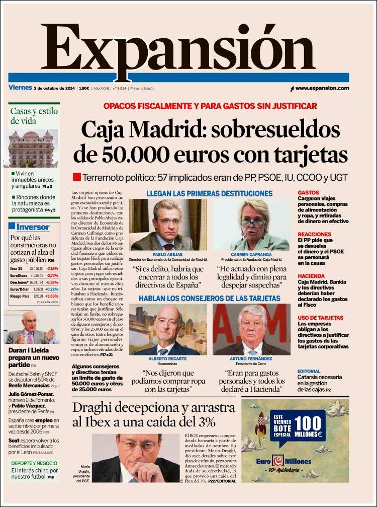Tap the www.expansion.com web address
tap(322, 88)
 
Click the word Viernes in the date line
tap(20, 88)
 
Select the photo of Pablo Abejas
tap(167, 225)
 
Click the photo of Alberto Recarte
tap(167, 329)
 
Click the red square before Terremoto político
tap(77, 177)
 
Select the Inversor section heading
tap(33, 227)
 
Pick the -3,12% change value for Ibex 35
tap(52, 268)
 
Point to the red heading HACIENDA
tap(311, 276)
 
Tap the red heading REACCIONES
tap(314, 235)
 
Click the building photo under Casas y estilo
tap(34, 149)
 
